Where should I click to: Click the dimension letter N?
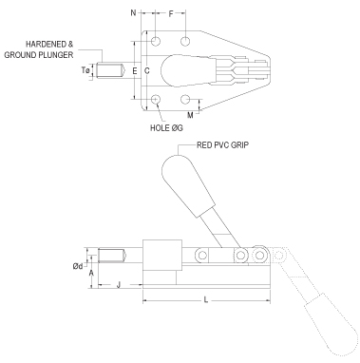click(133, 15)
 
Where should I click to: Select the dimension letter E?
click(134, 71)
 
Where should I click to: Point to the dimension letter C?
click(147, 71)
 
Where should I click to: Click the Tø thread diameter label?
click(86, 71)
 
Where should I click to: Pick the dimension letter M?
click(191, 115)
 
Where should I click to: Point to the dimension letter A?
click(91, 273)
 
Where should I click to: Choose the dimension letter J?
click(117, 285)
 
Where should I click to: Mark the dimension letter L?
click(206, 301)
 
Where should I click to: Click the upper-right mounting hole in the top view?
click(187, 42)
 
